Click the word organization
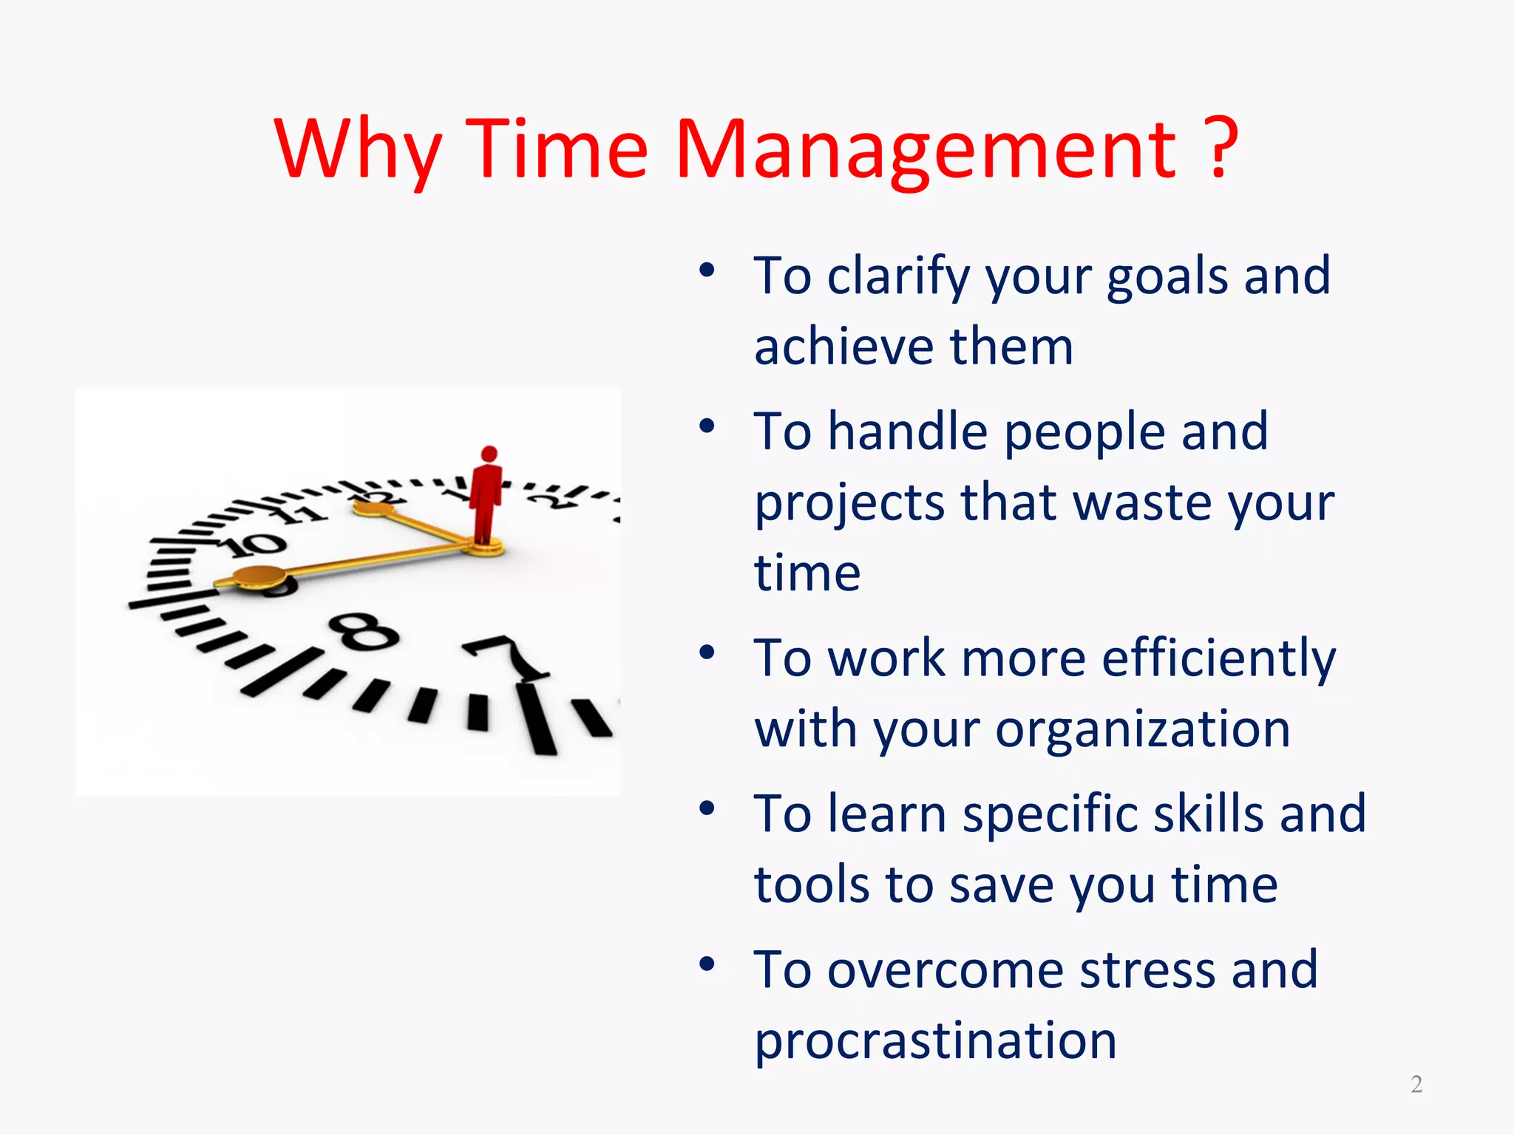1142,730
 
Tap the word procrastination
935,1040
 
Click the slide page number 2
1416,1084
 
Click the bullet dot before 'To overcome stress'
707,964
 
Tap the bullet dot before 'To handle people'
707,426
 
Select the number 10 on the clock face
255,545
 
